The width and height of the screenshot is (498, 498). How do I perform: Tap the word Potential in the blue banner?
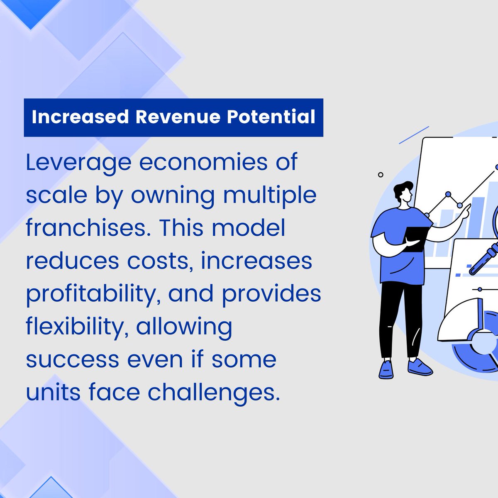[271, 117]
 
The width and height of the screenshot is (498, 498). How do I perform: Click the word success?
[73, 359]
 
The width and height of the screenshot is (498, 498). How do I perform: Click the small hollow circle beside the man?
[381, 175]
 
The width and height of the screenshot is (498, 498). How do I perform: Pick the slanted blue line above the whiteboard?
[414, 135]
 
